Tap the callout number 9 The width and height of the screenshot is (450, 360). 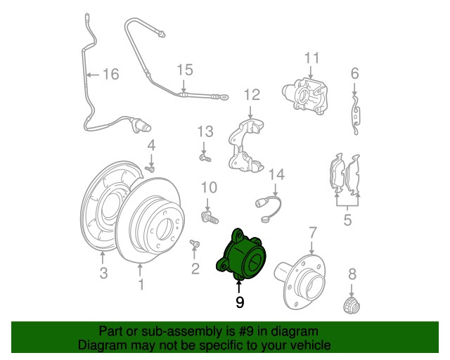point(240,302)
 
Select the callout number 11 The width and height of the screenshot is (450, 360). point(311,58)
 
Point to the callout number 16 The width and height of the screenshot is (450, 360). point(110,74)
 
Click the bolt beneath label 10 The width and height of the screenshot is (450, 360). point(208,213)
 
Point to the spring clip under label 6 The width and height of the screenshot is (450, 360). point(356,112)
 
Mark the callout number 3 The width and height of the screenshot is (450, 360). point(103,274)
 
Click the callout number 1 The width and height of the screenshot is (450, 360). point(141,284)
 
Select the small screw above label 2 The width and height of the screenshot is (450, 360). point(194,245)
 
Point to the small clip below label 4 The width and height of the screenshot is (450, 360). point(150,169)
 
